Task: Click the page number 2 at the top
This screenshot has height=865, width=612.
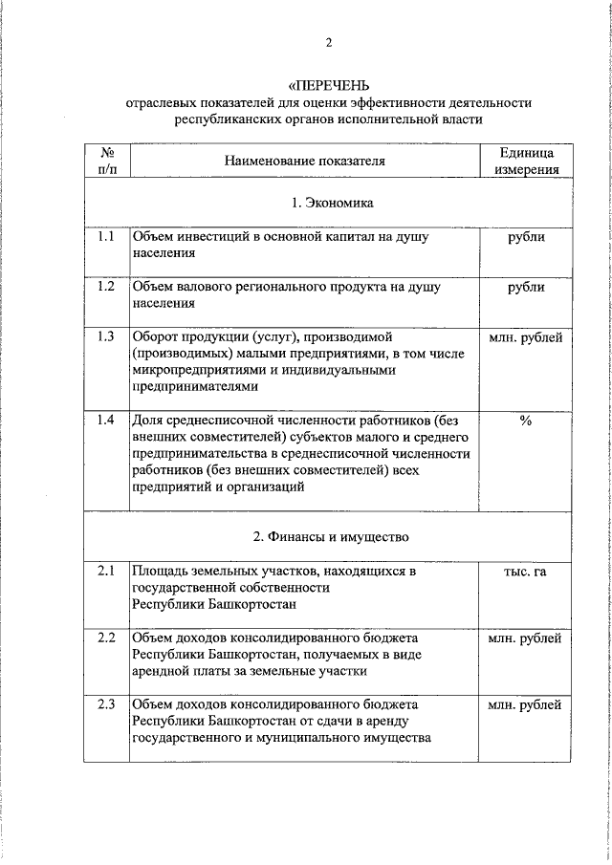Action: tap(330, 42)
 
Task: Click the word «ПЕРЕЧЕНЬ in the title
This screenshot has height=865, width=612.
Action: tap(329, 84)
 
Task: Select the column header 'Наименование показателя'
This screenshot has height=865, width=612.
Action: tap(304, 161)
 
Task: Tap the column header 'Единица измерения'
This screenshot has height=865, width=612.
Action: tap(525, 161)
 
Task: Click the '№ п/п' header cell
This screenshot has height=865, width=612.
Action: tap(106, 161)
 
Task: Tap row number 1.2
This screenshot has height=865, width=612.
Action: tap(106, 287)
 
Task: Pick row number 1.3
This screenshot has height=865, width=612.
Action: tap(106, 336)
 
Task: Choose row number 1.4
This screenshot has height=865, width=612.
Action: tap(106, 420)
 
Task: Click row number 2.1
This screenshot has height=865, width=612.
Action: tap(106, 572)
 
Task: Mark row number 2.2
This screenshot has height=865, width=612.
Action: tap(106, 638)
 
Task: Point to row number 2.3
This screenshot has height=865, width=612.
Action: tap(106, 704)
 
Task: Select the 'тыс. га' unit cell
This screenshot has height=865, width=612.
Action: tap(525, 572)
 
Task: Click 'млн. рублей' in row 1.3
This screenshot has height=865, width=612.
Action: tap(525, 336)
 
